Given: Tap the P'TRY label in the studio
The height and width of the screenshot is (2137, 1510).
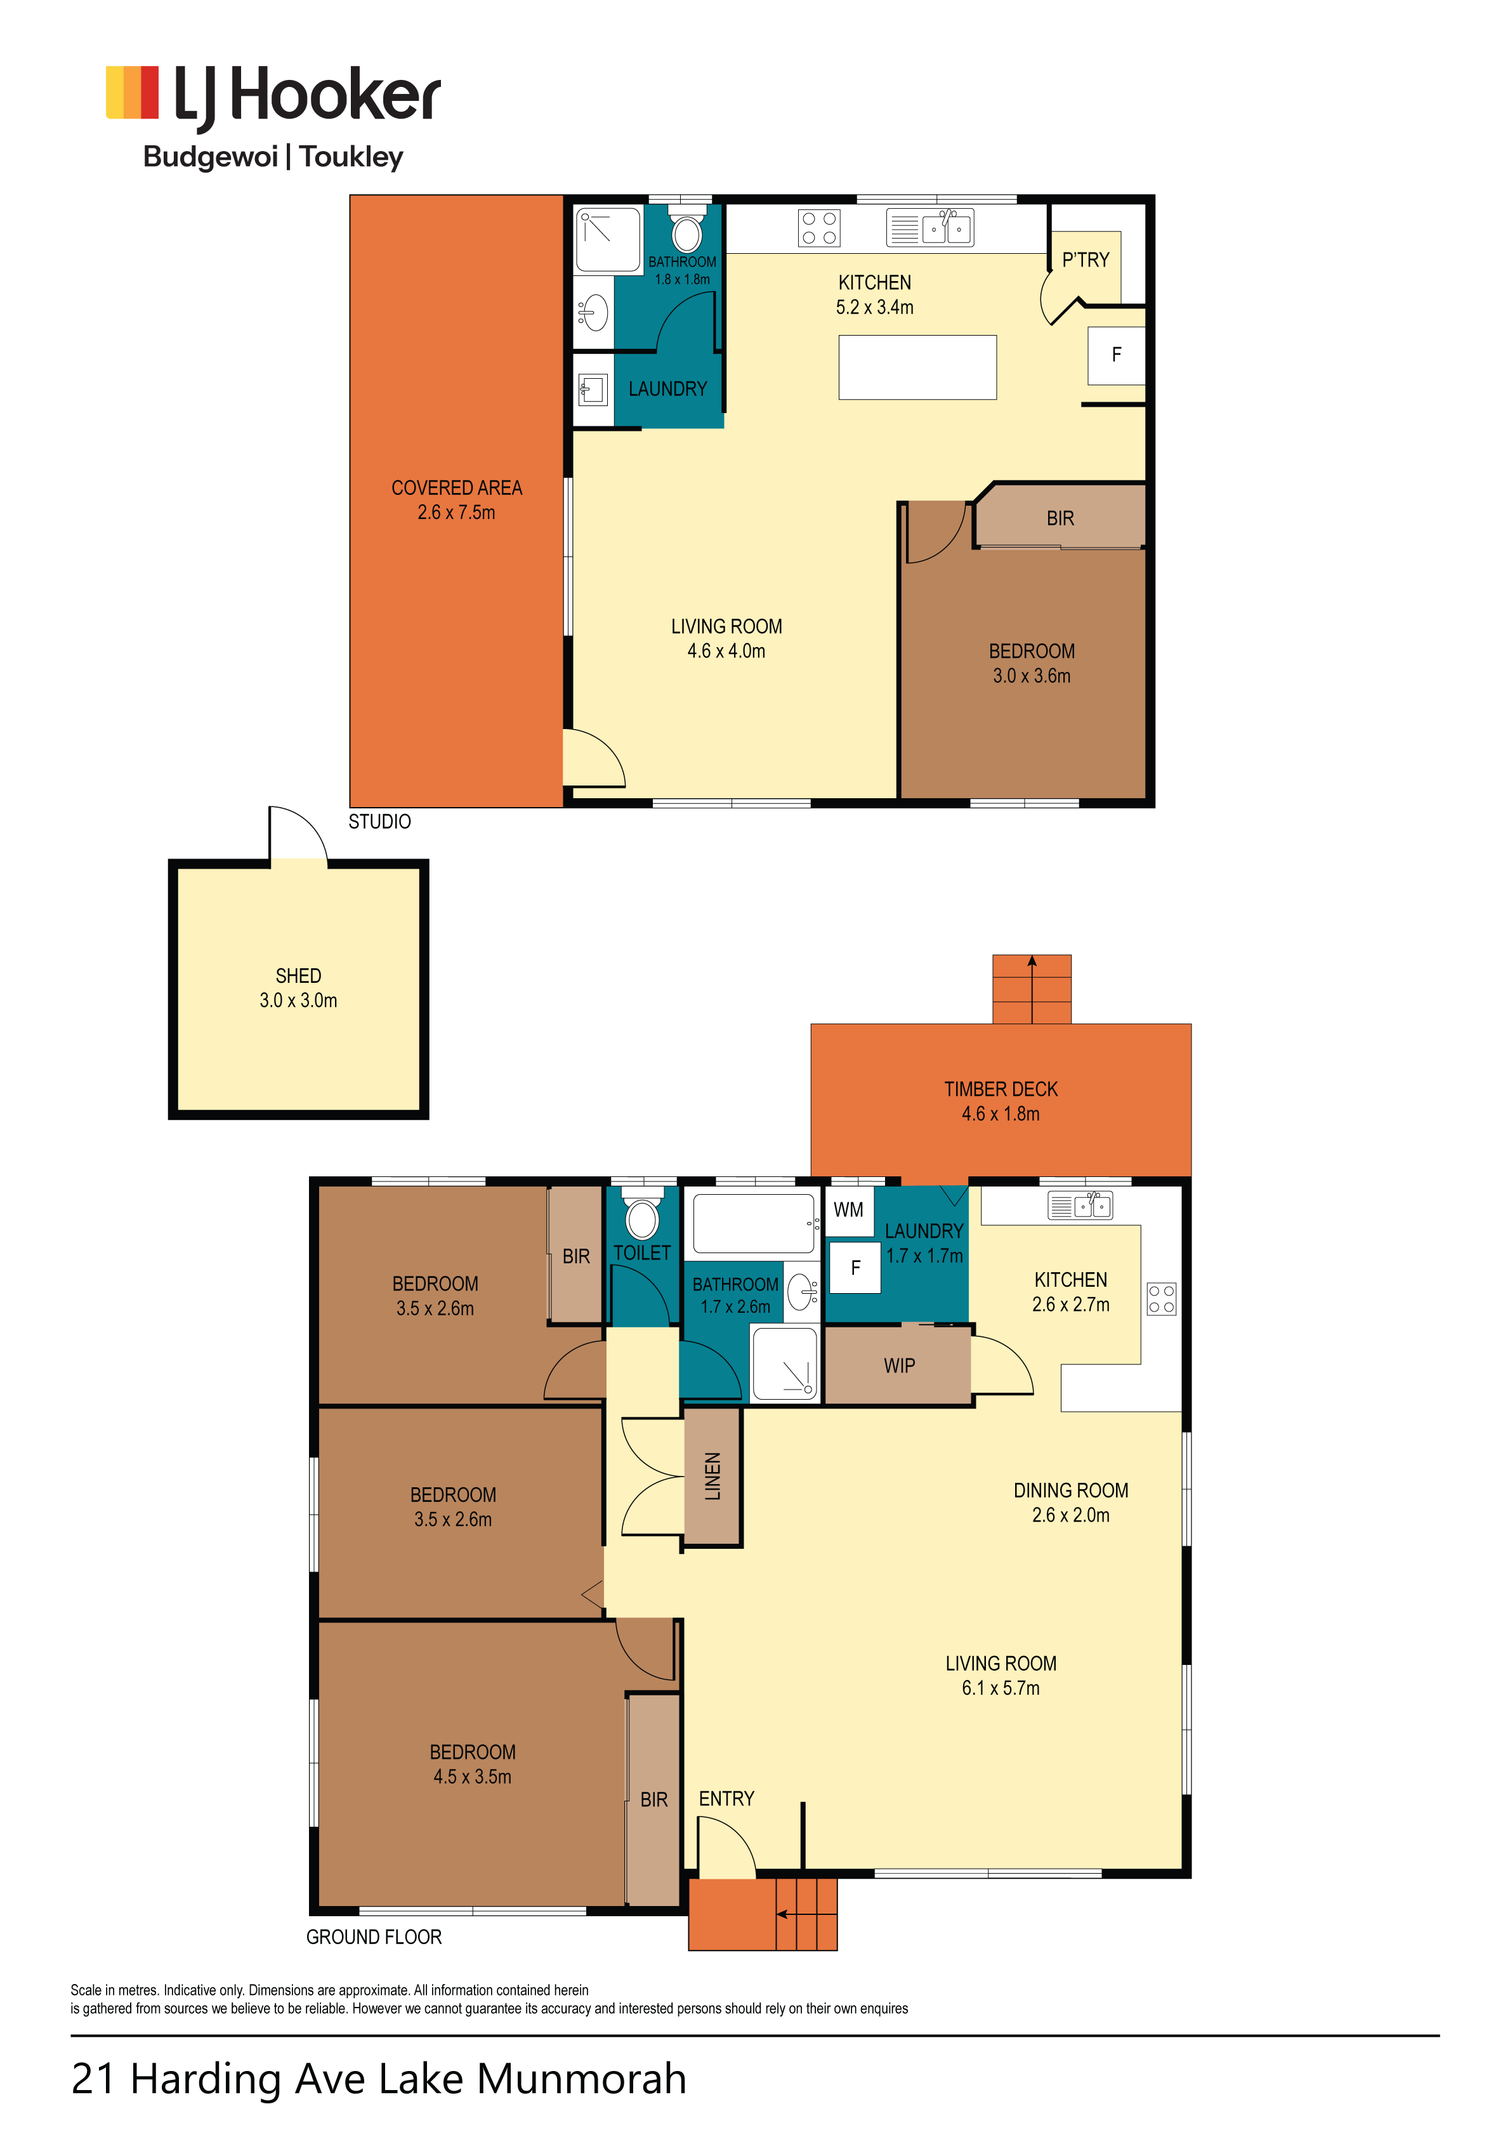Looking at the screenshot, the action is coord(1086,260).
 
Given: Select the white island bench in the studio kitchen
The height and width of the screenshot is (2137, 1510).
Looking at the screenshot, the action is coord(917,367).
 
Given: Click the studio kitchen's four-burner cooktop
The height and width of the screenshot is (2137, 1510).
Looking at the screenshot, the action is coord(818,228).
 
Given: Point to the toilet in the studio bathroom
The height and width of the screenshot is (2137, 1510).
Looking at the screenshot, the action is coord(687,229).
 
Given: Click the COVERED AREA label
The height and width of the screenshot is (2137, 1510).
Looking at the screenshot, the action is coord(456,488).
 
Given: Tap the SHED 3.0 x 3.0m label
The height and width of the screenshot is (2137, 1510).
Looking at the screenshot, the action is coord(298,987).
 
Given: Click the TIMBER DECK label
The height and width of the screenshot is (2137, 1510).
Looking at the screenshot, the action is coord(1001,1089).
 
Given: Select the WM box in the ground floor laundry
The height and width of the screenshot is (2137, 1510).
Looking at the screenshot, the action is coord(849,1209).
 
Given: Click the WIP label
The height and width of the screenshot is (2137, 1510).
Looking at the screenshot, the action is coord(899,1365).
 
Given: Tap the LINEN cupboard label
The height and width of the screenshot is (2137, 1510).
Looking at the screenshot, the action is coord(712,1477).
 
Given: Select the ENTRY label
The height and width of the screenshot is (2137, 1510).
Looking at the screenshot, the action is coord(726,1798).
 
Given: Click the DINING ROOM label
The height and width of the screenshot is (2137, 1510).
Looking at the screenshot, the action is coord(1070,1490).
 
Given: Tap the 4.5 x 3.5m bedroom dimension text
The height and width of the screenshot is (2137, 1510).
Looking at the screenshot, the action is coord(472,1776).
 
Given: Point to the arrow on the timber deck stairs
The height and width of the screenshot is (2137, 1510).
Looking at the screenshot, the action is coord(1032,989).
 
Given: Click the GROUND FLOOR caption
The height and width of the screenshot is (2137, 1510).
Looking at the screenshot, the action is coord(374,1937).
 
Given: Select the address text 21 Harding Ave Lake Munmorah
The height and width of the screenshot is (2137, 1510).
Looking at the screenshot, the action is coord(379,2079).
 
